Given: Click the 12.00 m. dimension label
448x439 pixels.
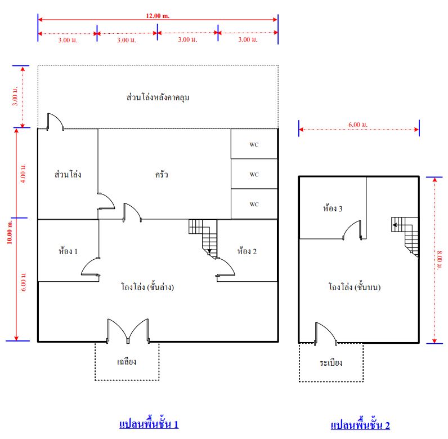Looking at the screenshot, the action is coord(158,16).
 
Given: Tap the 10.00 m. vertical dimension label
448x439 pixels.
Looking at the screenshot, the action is coord(10,232).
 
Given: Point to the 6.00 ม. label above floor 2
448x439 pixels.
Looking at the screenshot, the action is coord(358,125).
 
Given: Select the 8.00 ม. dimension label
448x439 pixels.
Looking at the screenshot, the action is coord(440,260).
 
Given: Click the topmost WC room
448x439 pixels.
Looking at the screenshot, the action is coord(254,144).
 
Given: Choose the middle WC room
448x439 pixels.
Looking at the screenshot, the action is coord(254,174).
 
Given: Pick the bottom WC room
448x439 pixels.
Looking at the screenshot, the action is coord(254,204).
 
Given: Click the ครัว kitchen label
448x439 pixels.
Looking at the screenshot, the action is coord(162,175).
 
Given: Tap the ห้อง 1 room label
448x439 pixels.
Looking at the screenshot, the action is coord(68,251).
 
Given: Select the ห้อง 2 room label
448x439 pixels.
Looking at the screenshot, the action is coord(247,251).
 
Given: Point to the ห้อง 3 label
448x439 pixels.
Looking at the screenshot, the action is coord(333,208).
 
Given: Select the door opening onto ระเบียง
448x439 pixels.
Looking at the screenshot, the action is coord(326,334).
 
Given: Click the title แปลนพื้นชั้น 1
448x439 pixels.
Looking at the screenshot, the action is coord(149,424).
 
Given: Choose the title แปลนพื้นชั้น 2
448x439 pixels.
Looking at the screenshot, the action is coord(360,425).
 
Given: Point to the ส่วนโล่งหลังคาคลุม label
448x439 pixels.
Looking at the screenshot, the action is coord(158,97).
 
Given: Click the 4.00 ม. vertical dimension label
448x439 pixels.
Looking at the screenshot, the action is coord(24,174).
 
